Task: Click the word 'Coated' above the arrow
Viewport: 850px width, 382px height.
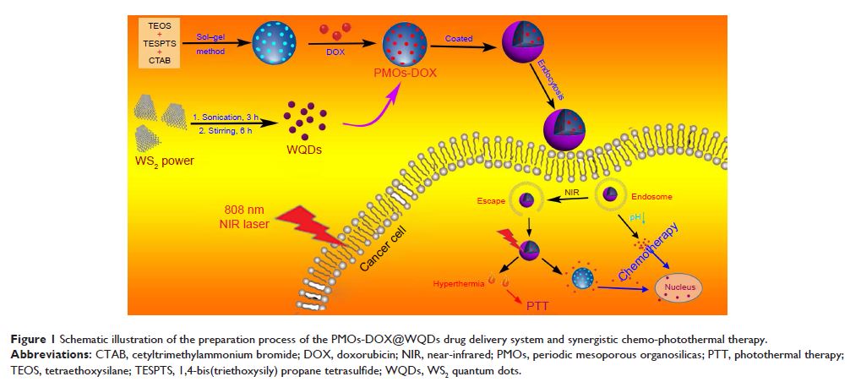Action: (x=459, y=38)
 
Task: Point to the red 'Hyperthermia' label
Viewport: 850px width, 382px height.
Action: (x=458, y=284)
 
